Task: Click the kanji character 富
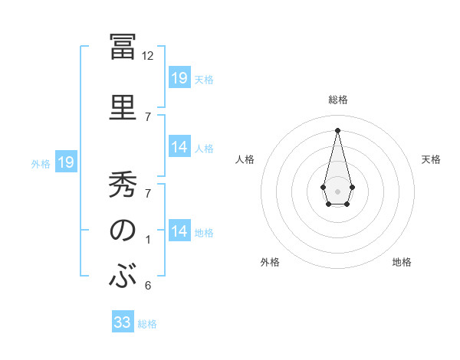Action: (123, 48)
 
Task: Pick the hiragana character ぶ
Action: (123, 277)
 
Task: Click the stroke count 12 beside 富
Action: (148, 55)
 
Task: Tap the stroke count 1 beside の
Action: (148, 239)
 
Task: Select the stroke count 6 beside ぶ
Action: (148, 285)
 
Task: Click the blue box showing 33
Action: (123, 322)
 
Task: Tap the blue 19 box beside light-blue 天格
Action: (179, 78)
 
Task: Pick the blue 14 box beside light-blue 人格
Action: (179, 147)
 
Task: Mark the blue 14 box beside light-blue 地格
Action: (179, 231)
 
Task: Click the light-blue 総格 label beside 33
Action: (147, 324)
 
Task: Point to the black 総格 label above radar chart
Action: (337, 100)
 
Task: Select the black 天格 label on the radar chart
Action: (432, 159)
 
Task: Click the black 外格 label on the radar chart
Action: (270, 262)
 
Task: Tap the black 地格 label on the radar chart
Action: (402, 262)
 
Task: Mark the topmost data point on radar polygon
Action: (337, 130)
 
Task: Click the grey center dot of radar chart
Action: (337, 190)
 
